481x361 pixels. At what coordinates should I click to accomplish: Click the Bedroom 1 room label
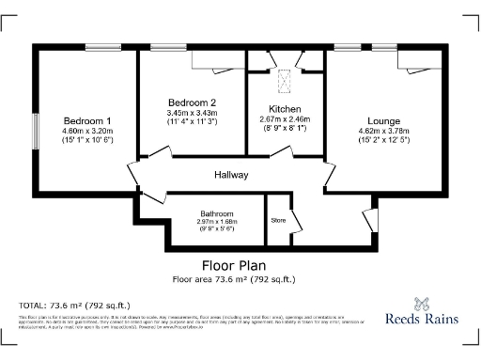point(87,121)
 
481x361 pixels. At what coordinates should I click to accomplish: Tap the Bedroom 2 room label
point(193,102)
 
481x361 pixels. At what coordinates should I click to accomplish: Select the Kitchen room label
point(285,109)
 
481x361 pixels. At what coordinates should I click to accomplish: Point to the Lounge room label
point(385,121)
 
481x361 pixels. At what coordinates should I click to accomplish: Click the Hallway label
point(230,174)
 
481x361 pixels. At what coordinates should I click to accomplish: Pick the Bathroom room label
point(215,214)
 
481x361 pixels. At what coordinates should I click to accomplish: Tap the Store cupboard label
point(277,223)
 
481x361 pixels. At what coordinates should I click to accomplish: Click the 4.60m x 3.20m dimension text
point(87,131)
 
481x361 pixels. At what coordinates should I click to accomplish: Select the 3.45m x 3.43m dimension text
point(193,113)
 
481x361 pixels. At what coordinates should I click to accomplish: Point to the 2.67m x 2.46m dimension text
point(285,119)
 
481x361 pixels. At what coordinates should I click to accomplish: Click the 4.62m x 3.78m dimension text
point(385,132)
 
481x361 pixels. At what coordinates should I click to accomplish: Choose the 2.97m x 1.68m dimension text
point(215,222)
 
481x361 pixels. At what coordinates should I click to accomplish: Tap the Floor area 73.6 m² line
point(234,279)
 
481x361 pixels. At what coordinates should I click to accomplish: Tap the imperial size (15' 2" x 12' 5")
point(385,141)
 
